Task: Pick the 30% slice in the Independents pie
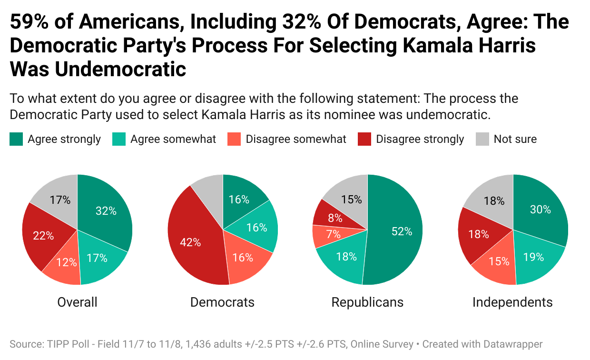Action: [542, 210]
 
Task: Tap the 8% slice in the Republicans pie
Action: [333, 217]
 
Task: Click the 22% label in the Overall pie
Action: [43, 235]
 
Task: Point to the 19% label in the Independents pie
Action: [533, 257]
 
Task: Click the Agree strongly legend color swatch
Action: [16, 139]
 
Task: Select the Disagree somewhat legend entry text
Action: [296, 139]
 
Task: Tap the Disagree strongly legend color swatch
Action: [364, 139]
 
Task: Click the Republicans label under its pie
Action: [367, 302]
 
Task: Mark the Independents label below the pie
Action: [512, 302]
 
